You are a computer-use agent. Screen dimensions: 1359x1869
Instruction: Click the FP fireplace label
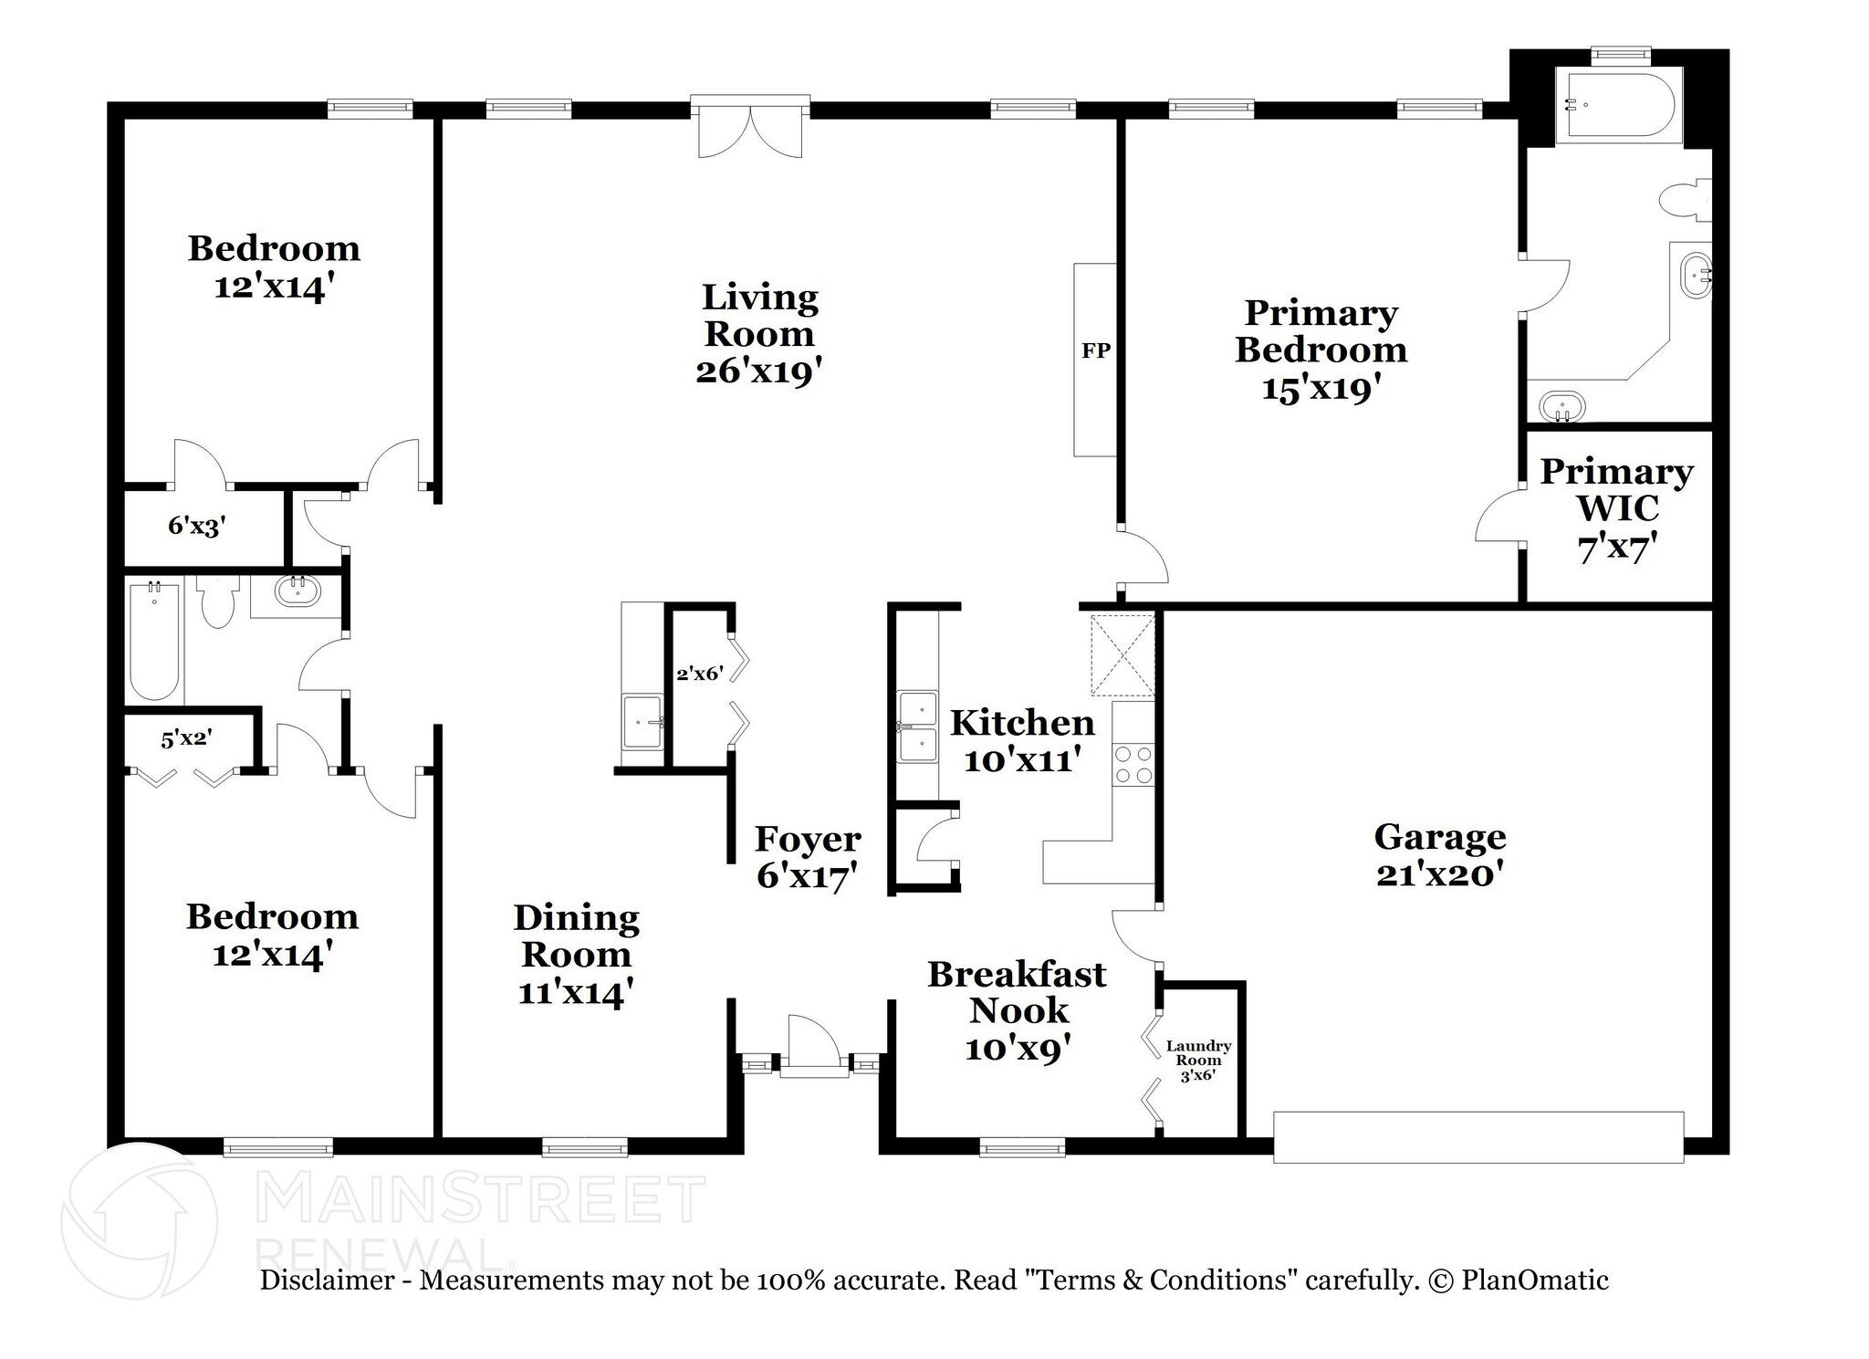1095,350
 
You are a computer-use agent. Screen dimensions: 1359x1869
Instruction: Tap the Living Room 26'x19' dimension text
758,371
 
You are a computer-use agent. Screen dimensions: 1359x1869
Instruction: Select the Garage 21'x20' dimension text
1439,874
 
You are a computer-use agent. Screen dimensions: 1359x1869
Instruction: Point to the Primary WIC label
1616,489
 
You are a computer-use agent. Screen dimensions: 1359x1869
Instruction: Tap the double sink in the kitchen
917,727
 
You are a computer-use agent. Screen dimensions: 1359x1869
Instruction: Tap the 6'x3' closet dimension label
196,526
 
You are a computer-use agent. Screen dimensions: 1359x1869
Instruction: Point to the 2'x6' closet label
699,674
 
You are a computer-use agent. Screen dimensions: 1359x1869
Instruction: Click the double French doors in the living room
750,131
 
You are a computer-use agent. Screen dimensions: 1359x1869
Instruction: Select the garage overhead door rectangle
1477,1137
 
